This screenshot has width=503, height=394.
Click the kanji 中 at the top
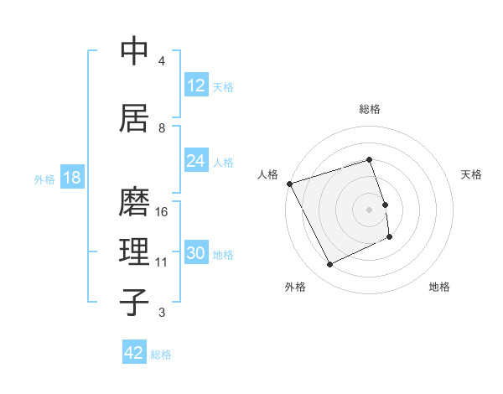tap(134, 51)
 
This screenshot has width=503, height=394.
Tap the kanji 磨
tap(134, 201)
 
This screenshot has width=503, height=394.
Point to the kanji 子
tap(134, 302)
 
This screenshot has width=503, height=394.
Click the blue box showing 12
tap(196, 86)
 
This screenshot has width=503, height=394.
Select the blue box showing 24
tap(196, 161)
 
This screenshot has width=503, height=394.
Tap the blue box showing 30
tap(196, 253)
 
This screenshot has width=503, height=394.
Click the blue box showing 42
tap(134, 353)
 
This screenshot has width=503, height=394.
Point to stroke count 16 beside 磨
tap(163, 212)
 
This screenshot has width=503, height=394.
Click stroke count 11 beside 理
tap(162, 262)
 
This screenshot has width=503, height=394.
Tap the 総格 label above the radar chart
tap(370, 109)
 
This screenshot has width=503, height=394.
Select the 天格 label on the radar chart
tap(472, 174)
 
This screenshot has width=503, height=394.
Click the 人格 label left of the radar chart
tap(267, 174)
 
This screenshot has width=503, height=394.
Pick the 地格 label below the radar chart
tap(439, 287)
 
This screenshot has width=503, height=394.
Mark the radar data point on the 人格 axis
tap(289, 184)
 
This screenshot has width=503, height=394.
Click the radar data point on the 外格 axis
tap(329, 265)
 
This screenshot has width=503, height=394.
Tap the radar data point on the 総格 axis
tap(370, 159)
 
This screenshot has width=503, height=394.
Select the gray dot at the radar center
tap(370, 210)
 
